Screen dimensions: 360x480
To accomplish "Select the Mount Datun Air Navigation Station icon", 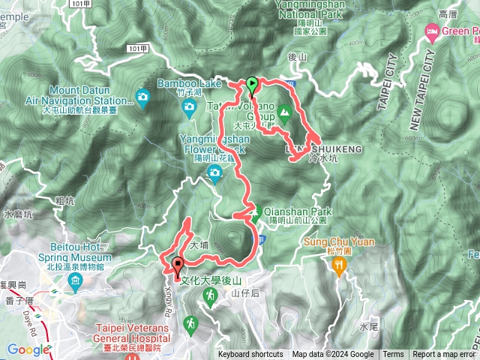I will pyautogui.click(x=142, y=96).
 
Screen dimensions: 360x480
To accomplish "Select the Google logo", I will pyautogui.click(x=28, y=349).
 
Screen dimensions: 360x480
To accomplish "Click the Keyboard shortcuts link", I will pyautogui.click(x=250, y=355).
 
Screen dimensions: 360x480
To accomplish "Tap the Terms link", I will pyautogui.click(x=393, y=355).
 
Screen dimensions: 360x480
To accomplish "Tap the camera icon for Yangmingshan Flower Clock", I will pyautogui.click(x=214, y=175).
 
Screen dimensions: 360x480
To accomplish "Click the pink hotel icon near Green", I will pyautogui.click(x=432, y=31).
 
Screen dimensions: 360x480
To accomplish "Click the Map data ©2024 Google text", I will pyautogui.click(x=333, y=355).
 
